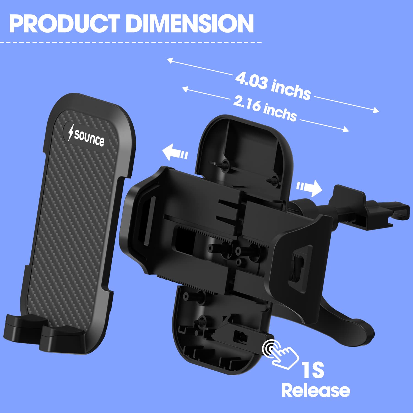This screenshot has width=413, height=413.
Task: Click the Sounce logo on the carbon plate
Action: coord(86,135)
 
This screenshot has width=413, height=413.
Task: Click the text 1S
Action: coord(313,370)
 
